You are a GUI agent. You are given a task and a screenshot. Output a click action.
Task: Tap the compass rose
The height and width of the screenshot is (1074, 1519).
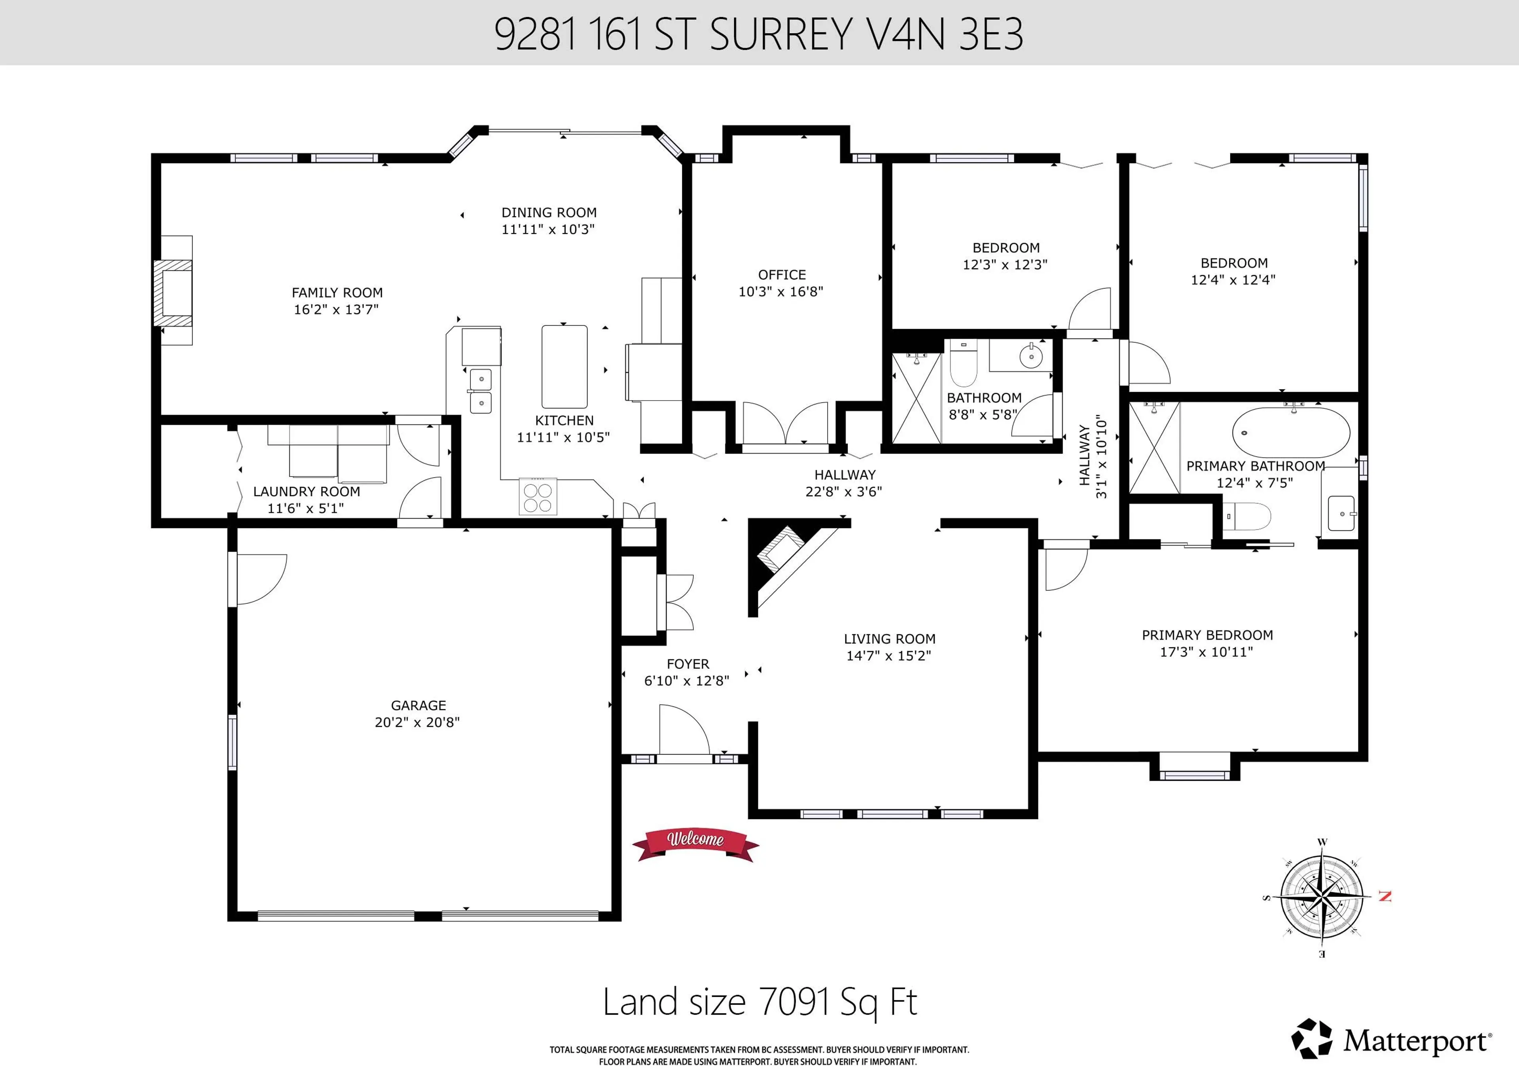1321,897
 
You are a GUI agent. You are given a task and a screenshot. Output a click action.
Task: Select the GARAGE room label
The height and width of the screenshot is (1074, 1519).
418,705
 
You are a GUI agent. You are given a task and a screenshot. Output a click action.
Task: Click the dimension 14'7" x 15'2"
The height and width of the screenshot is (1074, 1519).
888,655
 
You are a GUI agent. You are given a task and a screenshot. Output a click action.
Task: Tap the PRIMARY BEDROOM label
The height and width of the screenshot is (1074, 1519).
1207,635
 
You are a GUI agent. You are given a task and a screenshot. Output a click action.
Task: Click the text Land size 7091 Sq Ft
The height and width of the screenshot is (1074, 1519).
759,1002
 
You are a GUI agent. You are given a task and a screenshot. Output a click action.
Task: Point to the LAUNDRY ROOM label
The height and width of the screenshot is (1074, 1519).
306,492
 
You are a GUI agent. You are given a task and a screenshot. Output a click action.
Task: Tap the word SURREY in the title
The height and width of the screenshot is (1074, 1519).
781,34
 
